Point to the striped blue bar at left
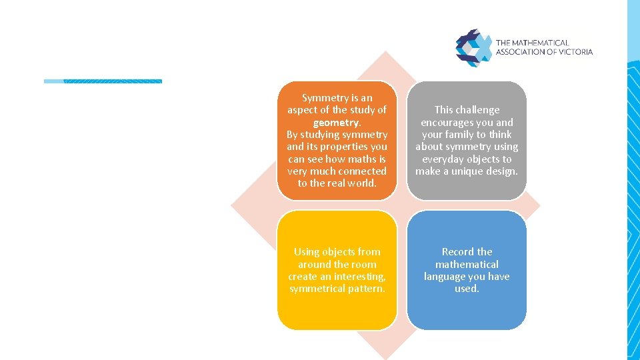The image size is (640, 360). pos(103,81)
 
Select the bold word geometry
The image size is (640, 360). pos(337,123)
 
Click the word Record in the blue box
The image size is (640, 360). pos(457,252)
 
